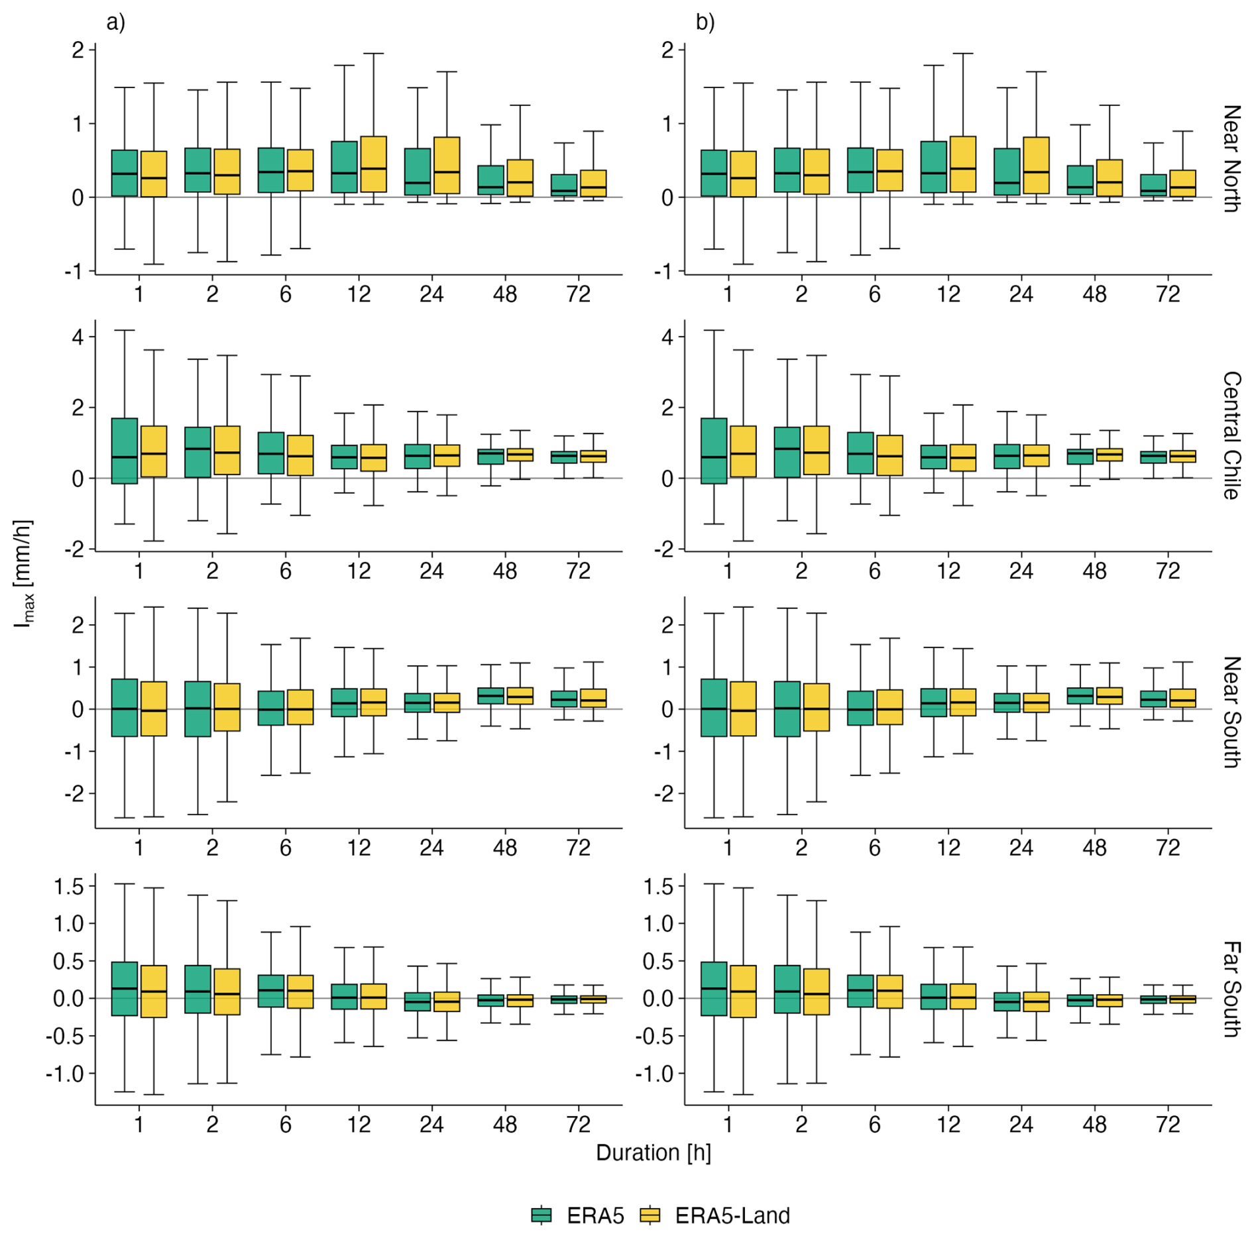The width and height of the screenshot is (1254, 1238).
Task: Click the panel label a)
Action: click(x=115, y=23)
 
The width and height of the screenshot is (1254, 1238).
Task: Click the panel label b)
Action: click(x=705, y=23)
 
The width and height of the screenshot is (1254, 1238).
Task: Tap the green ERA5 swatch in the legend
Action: click(x=541, y=1215)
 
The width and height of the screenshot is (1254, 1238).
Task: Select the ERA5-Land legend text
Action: click(x=732, y=1215)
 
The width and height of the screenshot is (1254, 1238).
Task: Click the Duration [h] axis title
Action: click(x=653, y=1153)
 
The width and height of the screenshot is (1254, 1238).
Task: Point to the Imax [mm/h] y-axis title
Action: click(x=24, y=573)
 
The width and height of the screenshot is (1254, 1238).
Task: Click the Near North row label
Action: click(x=1231, y=158)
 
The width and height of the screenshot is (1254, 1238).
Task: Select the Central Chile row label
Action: click(x=1231, y=435)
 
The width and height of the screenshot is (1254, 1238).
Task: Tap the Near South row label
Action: click(x=1231, y=712)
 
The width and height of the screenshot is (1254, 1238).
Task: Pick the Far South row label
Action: click(x=1231, y=989)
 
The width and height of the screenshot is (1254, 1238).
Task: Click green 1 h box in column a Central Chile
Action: click(x=125, y=451)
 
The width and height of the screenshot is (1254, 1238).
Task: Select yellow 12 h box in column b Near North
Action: click(x=962, y=164)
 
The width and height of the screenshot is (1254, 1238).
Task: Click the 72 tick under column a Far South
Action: click(x=579, y=1124)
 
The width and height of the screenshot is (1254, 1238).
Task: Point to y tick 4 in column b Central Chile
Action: click(x=667, y=337)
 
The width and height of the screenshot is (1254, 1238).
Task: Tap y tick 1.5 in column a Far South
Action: click(x=69, y=886)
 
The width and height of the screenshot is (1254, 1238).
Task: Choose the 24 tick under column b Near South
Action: click(x=1021, y=847)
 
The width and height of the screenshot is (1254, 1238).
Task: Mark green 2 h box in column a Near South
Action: click(x=198, y=708)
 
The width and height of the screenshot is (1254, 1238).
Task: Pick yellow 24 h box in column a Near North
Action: click(x=447, y=165)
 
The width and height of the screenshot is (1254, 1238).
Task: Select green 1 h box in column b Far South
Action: click(x=714, y=988)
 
